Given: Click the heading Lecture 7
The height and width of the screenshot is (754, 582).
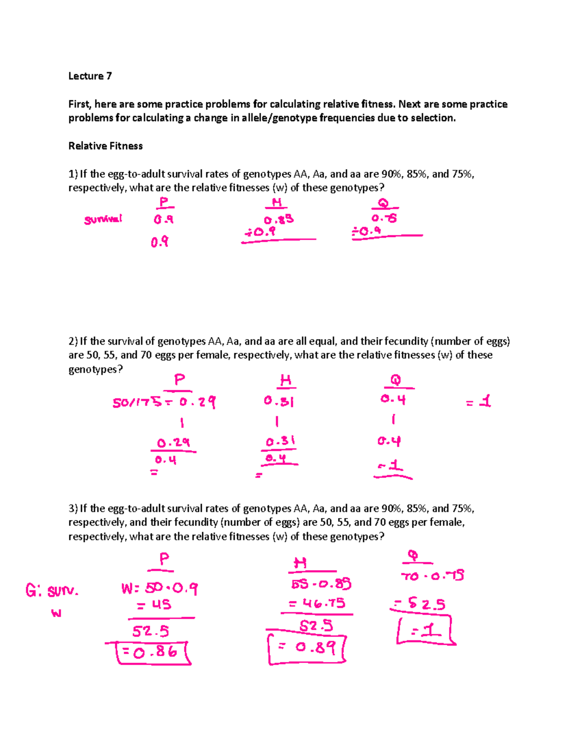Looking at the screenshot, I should tap(90, 76).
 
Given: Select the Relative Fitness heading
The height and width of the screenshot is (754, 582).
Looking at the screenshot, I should tap(105, 146).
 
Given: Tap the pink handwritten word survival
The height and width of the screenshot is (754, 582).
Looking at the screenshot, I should tap(103, 219).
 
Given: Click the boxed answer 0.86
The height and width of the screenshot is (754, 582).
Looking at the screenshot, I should tap(154, 653).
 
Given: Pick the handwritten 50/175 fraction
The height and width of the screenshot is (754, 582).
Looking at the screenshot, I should tap(137, 402).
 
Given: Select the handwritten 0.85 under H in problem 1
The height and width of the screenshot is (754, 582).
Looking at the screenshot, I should tap(279, 219).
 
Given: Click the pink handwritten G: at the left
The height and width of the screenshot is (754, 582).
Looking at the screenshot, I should tap(34, 590).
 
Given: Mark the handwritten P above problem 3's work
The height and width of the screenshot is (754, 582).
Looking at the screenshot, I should tap(164, 559).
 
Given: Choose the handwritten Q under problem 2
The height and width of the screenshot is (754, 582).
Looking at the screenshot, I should tap(396, 380).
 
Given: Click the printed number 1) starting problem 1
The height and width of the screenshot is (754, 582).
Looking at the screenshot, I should tap(73, 174).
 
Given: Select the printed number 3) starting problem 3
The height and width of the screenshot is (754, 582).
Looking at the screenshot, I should tap(73, 508).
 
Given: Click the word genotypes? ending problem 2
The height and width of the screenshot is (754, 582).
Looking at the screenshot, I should tap(96, 369).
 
